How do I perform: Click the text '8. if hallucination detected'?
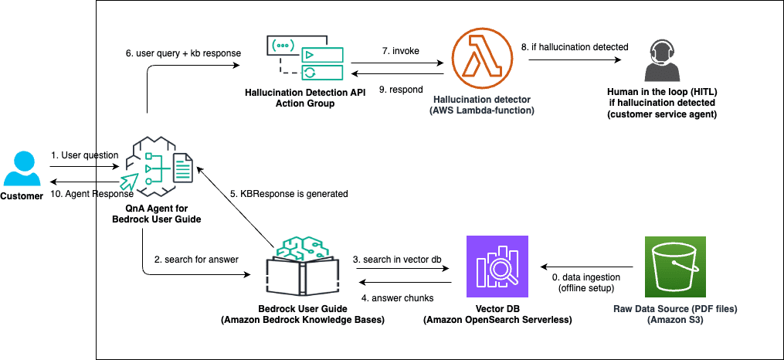click(x=575, y=47)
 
